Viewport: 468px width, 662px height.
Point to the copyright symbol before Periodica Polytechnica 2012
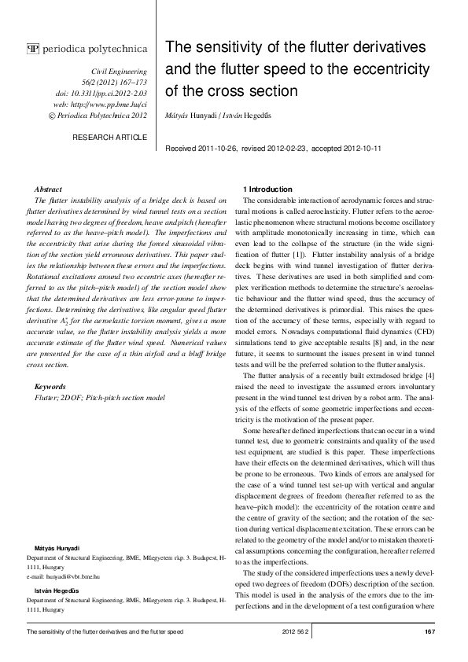(x=52, y=116)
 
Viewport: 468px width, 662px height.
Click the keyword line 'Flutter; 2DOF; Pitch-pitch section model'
(x=100, y=399)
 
